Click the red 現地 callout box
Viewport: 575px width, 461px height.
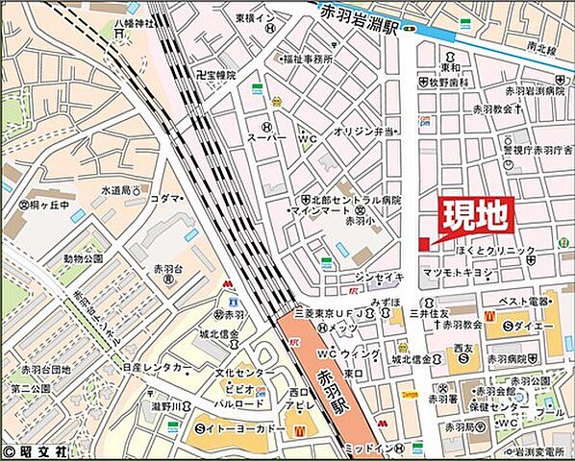tap(475, 217)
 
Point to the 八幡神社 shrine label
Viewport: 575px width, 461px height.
tap(133, 22)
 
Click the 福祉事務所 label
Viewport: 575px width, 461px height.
tap(307, 59)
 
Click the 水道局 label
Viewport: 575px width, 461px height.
tap(123, 190)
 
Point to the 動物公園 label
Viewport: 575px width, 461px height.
tap(83, 259)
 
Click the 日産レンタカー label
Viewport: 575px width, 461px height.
tap(155, 367)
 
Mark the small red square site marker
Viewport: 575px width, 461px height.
tap(423, 246)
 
